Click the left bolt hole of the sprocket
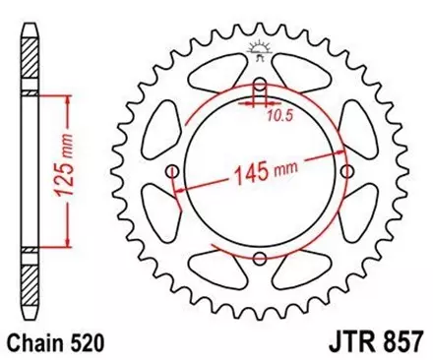click(174, 172)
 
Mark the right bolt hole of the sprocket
click(347, 172)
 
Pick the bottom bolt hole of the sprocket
click(261, 259)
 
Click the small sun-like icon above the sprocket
click(261, 48)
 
